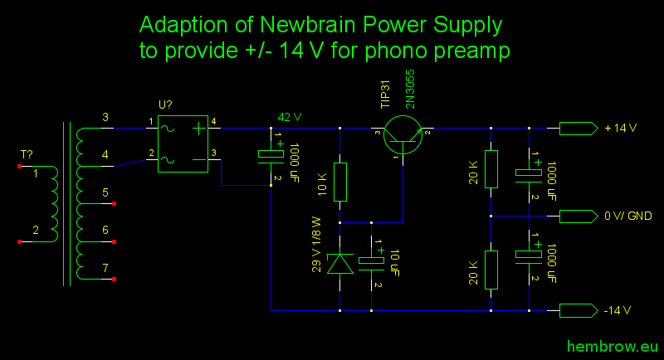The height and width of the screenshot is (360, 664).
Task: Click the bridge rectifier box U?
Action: click(x=183, y=144)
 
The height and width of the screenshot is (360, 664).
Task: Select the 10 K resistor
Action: click(x=340, y=182)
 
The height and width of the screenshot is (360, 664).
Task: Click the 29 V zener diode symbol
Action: click(x=340, y=263)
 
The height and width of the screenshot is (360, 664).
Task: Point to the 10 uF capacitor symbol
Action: click(x=371, y=261)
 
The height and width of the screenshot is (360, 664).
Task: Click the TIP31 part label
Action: click(x=384, y=95)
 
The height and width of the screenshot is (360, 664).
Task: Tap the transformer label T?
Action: click(x=27, y=155)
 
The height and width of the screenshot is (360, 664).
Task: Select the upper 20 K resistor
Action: click(x=491, y=169)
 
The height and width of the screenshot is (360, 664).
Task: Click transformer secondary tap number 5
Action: click(x=105, y=192)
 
